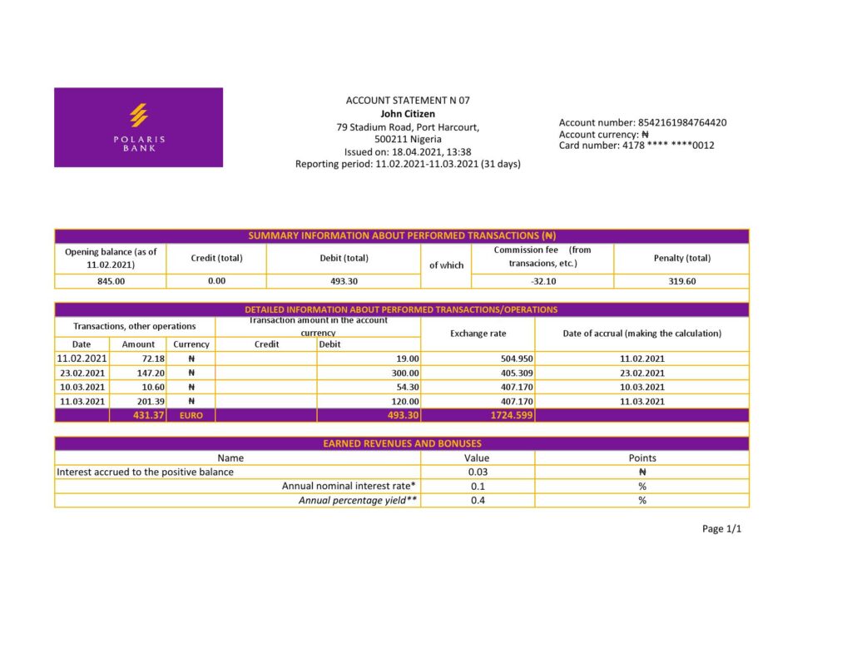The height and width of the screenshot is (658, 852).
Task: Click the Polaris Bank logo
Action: [139, 127]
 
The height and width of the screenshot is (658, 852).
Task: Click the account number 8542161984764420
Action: [681, 122]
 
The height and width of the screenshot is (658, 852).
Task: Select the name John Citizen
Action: [408, 114]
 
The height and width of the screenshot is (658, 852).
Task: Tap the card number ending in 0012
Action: [668, 146]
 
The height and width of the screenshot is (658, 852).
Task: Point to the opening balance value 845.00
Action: [111, 281]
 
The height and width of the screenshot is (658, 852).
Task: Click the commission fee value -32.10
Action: [542, 281]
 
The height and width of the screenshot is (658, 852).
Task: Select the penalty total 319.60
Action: [681, 281]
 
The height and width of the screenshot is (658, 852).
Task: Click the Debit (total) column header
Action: [344, 258]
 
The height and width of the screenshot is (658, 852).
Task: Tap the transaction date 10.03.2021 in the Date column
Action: [82, 387]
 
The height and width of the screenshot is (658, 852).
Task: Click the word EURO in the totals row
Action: [191, 414]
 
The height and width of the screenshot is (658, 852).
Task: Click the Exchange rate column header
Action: [478, 333]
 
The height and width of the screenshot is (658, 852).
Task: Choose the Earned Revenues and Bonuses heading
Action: [402, 443]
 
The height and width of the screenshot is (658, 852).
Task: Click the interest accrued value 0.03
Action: [478, 472]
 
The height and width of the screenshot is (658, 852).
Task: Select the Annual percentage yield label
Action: [358, 500]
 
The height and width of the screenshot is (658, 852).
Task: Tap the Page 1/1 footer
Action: [721, 529]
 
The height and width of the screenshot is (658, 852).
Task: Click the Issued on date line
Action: [408, 152]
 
